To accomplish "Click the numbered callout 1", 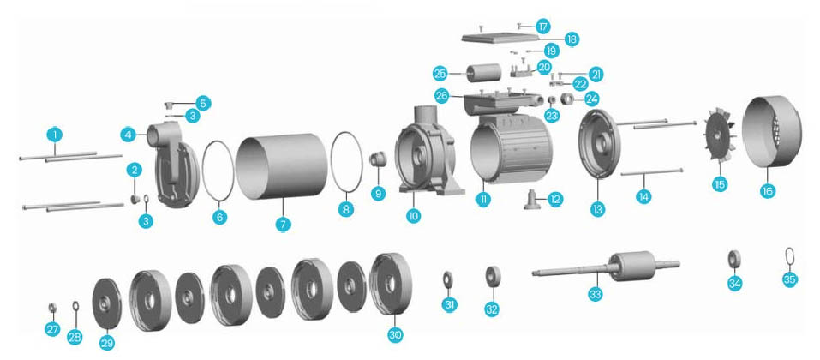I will [x=55, y=135].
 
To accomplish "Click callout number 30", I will [x=395, y=334].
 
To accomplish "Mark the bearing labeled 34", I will [x=734, y=258].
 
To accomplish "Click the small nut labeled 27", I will [x=52, y=306].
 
